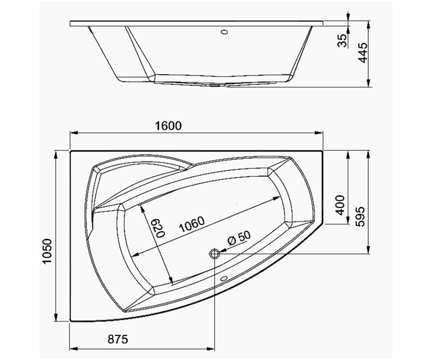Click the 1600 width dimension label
pyautogui.click(x=168, y=126)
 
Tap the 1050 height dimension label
pyautogui.click(x=47, y=251)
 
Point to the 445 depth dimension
pyautogui.click(x=363, y=53)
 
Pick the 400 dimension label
pyautogui.click(x=340, y=205)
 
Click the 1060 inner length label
pyautogui.click(x=192, y=225)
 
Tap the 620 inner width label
pyautogui.click(x=158, y=228)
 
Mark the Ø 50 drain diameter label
pyautogui.click(x=239, y=238)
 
